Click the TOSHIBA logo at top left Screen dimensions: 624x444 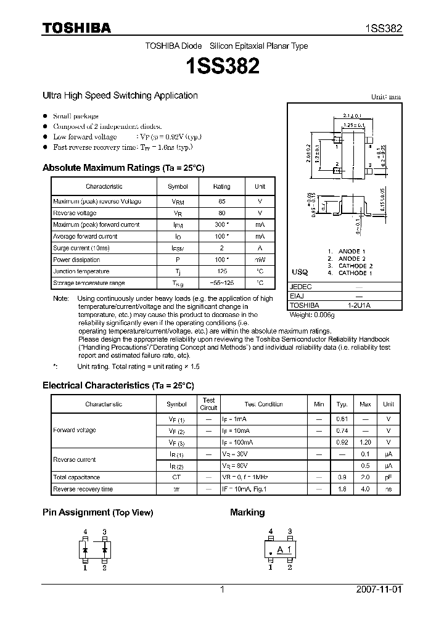coord(76,28)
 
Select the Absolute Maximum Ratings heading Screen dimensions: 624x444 coord(123,168)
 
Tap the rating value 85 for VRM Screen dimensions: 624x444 coord(221,202)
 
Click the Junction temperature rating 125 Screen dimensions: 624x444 coord(221,271)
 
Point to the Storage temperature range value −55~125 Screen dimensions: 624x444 coord(221,283)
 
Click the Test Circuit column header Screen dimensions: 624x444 coord(209,404)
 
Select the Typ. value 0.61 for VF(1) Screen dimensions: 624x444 coord(341,419)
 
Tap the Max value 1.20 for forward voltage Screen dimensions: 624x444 coord(365,442)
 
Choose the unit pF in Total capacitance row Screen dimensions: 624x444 coord(388,477)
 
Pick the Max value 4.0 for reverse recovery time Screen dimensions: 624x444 coord(365,489)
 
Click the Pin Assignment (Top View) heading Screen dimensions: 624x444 coord(97,512)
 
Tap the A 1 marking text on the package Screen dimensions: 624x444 coord(284,549)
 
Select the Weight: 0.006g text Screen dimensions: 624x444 coord(311,314)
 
